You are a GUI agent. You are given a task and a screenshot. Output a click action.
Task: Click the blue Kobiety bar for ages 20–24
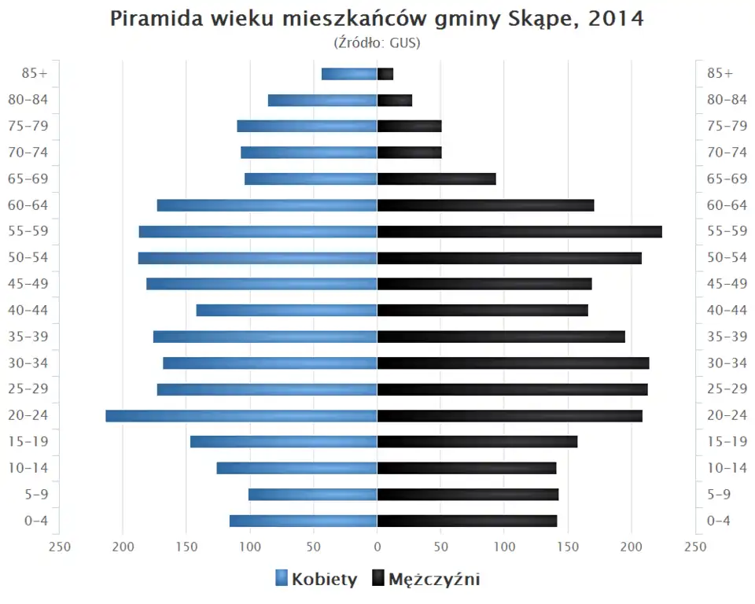tap(241, 416)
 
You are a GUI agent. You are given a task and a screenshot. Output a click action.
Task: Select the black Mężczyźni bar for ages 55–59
tap(520, 231)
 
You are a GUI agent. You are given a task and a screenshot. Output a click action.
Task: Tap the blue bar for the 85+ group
tap(349, 74)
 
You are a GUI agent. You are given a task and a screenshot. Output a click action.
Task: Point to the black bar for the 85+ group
tap(385, 74)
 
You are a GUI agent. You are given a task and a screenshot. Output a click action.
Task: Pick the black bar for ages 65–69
tap(436, 179)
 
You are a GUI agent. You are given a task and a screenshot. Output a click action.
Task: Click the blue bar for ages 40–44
tap(287, 311)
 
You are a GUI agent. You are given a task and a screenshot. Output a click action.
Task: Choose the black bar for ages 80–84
tap(395, 101)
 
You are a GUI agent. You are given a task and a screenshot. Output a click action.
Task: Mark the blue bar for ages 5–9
tap(313, 495)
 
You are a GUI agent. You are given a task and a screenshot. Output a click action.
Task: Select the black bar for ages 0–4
tap(467, 521)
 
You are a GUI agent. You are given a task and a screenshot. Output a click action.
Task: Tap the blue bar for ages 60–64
tap(267, 205)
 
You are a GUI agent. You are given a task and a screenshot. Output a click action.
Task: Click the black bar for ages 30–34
tap(514, 363)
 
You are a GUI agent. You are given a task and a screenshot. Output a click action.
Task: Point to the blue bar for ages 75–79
tap(308, 127)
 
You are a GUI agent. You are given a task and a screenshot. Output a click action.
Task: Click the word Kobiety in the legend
tap(324, 580)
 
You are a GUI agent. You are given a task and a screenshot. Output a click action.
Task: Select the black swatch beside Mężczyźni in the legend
tap(377, 580)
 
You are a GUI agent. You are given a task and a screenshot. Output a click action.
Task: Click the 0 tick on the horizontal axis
tap(377, 547)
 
